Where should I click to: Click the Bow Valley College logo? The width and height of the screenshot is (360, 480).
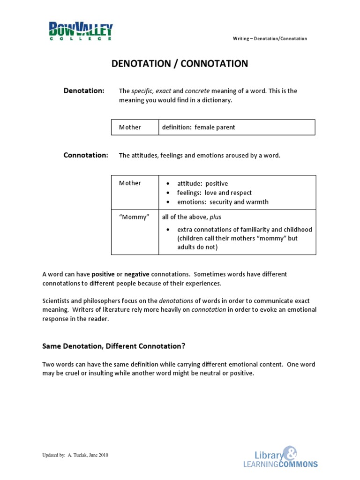click(81, 31)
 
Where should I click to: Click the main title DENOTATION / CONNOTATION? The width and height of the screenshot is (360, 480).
click(180, 64)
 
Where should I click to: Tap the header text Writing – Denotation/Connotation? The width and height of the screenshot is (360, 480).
click(270, 38)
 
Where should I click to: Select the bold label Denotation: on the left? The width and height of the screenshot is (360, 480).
click(84, 91)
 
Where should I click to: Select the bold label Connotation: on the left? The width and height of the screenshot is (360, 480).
click(86, 155)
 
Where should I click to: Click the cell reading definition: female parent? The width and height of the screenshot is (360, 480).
click(198, 127)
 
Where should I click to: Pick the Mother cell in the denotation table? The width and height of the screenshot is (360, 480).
click(130, 127)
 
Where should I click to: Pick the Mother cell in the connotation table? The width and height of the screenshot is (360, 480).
click(130, 183)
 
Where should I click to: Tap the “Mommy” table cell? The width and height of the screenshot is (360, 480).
click(134, 217)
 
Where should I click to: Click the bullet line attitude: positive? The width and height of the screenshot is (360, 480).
click(202, 184)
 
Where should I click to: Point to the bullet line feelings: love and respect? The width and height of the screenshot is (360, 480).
click(214, 193)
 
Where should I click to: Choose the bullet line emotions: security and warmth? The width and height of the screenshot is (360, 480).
click(223, 202)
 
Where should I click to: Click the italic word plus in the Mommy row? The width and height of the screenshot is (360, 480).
click(216, 217)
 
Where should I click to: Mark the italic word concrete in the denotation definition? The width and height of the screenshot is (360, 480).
click(197, 91)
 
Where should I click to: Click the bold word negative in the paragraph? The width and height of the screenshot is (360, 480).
click(137, 274)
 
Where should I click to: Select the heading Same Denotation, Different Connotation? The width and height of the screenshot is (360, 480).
click(114, 346)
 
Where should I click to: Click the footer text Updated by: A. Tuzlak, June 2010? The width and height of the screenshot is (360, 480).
click(75, 455)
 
